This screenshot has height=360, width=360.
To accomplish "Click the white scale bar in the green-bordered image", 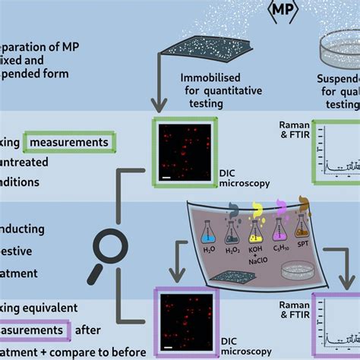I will [166, 178].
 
